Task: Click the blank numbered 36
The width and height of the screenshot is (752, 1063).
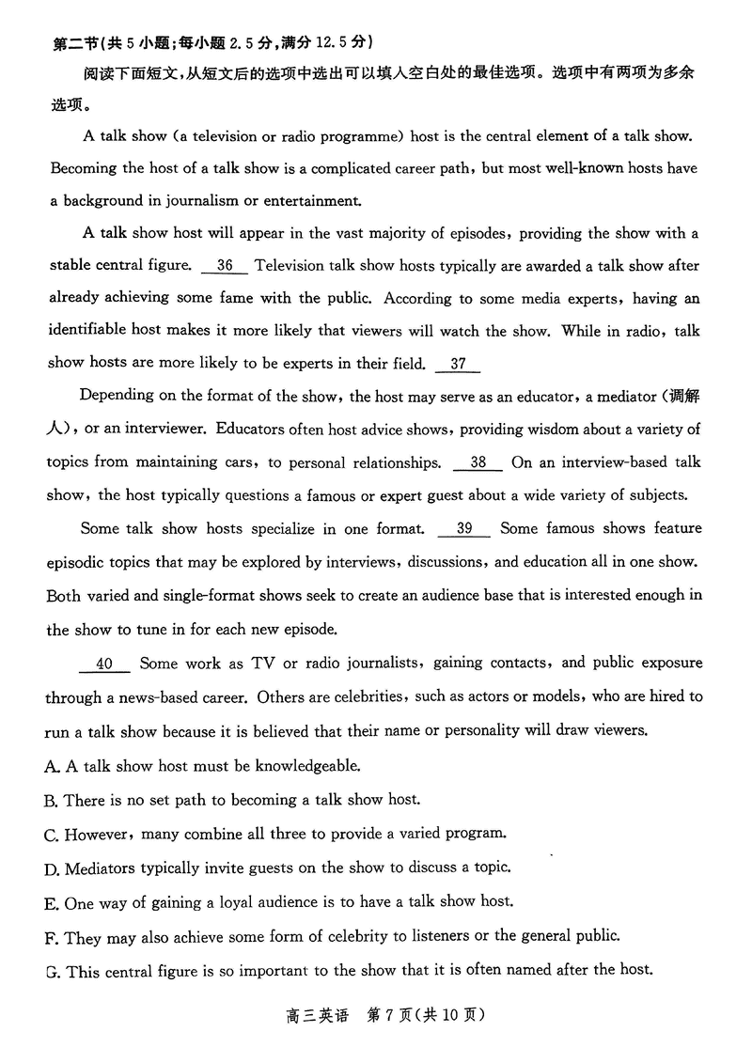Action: (225, 266)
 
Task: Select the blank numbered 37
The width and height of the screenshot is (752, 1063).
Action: (458, 365)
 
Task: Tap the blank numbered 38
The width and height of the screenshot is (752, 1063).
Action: (478, 462)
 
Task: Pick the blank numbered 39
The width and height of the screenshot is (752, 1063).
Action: (463, 529)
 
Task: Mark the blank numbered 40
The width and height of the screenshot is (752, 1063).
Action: (104, 664)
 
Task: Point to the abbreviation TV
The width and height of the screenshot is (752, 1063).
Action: (262, 664)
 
